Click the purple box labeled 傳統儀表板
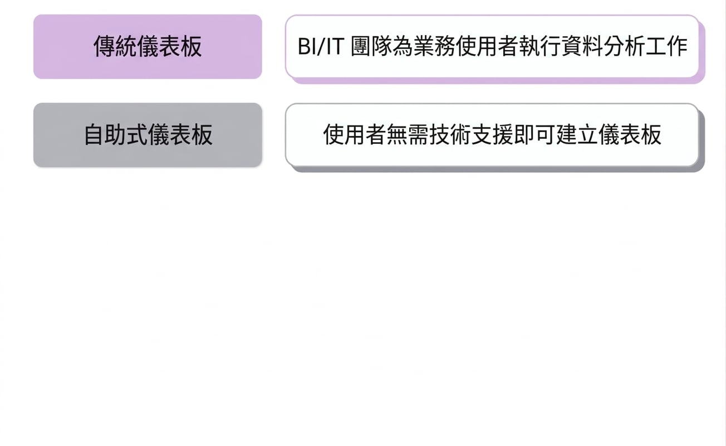[x=148, y=46]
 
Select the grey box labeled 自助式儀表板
[x=148, y=135]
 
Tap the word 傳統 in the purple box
[x=115, y=46]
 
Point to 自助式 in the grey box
[x=116, y=135]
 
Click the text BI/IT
[x=321, y=46]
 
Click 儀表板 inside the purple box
[x=169, y=46]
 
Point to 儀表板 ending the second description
[x=630, y=134]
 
